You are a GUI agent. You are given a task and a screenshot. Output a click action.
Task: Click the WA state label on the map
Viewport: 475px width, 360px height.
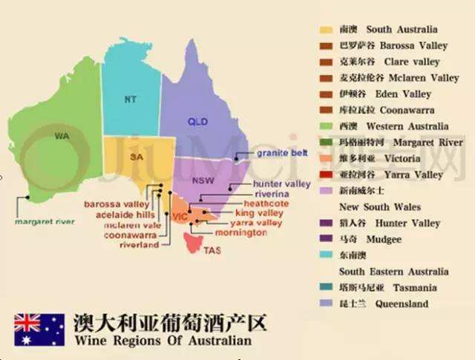click(x=62, y=136)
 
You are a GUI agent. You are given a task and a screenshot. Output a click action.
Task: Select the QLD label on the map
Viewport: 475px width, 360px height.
click(x=197, y=122)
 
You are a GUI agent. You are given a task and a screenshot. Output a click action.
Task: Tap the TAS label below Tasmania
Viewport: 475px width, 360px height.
click(x=212, y=250)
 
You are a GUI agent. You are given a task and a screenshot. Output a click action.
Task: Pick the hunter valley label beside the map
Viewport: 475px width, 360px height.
click(x=281, y=183)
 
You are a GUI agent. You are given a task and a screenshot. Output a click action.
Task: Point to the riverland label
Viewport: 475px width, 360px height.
click(x=139, y=244)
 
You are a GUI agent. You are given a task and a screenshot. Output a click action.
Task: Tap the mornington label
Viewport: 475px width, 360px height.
click(x=248, y=232)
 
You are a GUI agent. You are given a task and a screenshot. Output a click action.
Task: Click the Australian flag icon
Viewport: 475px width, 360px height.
click(x=39, y=329)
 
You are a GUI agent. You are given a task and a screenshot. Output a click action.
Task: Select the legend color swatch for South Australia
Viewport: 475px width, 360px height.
click(x=326, y=30)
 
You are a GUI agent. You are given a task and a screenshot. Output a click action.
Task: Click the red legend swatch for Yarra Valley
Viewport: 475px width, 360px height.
click(x=326, y=175)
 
